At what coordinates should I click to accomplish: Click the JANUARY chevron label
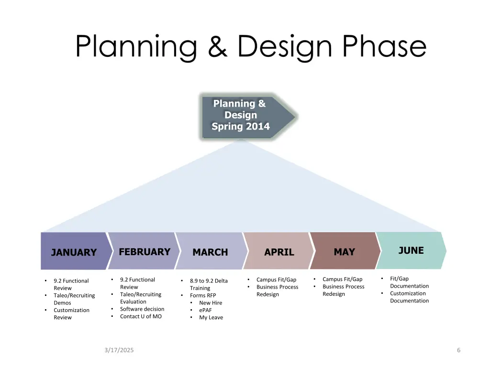pyautogui.click(x=74, y=252)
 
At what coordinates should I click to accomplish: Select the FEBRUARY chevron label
pyautogui.click(x=145, y=252)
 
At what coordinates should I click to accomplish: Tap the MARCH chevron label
pyautogui.click(x=210, y=252)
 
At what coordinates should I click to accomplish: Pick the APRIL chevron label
pyautogui.click(x=279, y=252)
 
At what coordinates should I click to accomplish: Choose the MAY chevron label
pyautogui.click(x=344, y=252)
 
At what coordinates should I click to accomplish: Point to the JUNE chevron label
pyautogui.click(x=411, y=250)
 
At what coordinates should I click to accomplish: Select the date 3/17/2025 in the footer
pyautogui.click(x=119, y=350)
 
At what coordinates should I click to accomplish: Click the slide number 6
pyautogui.click(x=458, y=350)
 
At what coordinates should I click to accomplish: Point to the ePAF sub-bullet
pyautogui.click(x=206, y=310)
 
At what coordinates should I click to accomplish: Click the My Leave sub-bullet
pyautogui.click(x=211, y=317)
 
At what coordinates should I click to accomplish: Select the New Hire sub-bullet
pyautogui.click(x=211, y=303)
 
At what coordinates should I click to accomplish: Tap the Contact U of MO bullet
pyautogui.click(x=141, y=316)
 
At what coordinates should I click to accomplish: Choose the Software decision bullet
pyautogui.click(x=142, y=309)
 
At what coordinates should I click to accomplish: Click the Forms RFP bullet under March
pyautogui.click(x=203, y=295)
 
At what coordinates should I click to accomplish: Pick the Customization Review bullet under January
pyautogui.click(x=71, y=313)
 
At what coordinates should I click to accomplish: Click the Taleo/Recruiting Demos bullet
pyautogui.click(x=74, y=299)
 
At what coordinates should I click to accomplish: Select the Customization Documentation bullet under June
pyautogui.click(x=409, y=297)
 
